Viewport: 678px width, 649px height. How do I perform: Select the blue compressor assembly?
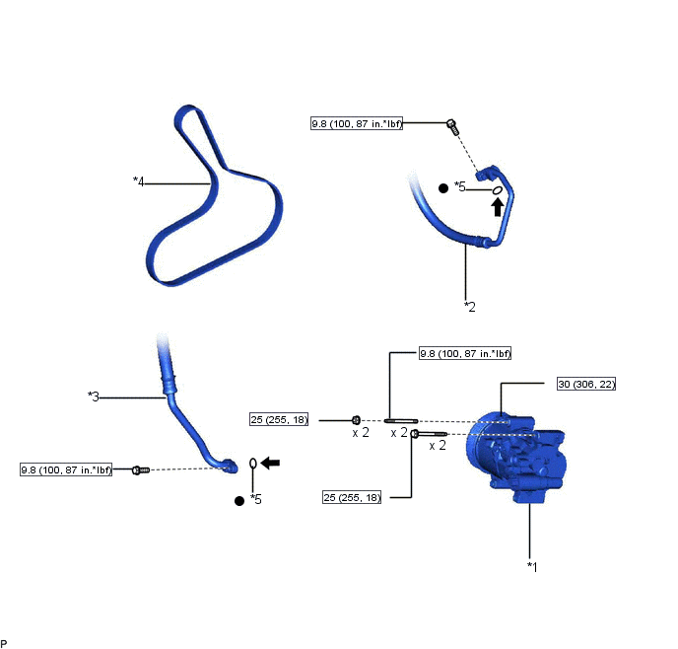pyautogui.click(x=515, y=458)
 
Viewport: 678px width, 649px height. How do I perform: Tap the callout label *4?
pyautogui.click(x=138, y=181)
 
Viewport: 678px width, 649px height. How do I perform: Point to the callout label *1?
pyautogui.click(x=532, y=567)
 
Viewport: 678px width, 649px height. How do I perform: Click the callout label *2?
pyautogui.click(x=470, y=307)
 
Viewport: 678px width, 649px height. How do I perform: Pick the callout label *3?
pyautogui.click(x=94, y=396)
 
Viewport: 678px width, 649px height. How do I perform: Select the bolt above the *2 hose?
pyautogui.click(x=452, y=127)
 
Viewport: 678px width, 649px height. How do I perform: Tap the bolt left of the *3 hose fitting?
pyautogui.click(x=141, y=469)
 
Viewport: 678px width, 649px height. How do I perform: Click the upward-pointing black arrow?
pyautogui.click(x=498, y=207)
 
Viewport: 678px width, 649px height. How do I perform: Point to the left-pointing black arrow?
pyautogui.click(x=271, y=463)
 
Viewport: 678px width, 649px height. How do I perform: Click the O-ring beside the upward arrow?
pyautogui.click(x=498, y=190)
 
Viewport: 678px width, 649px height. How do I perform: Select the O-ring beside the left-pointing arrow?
pyautogui.click(x=253, y=464)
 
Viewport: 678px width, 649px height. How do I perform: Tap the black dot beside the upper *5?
pyautogui.click(x=443, y=188)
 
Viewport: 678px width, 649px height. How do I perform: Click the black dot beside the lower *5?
pyautogui.click(x=239, y=501)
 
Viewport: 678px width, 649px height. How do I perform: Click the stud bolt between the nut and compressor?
pyautogui.click(x=401, y=420)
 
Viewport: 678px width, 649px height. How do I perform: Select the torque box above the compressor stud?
pyautogui.click(x=465, y=353)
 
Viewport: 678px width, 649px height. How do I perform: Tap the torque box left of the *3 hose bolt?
pyautogui.click(x=66, y=469)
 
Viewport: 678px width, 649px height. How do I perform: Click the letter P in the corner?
pyautogui.click(x=4, y=644)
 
